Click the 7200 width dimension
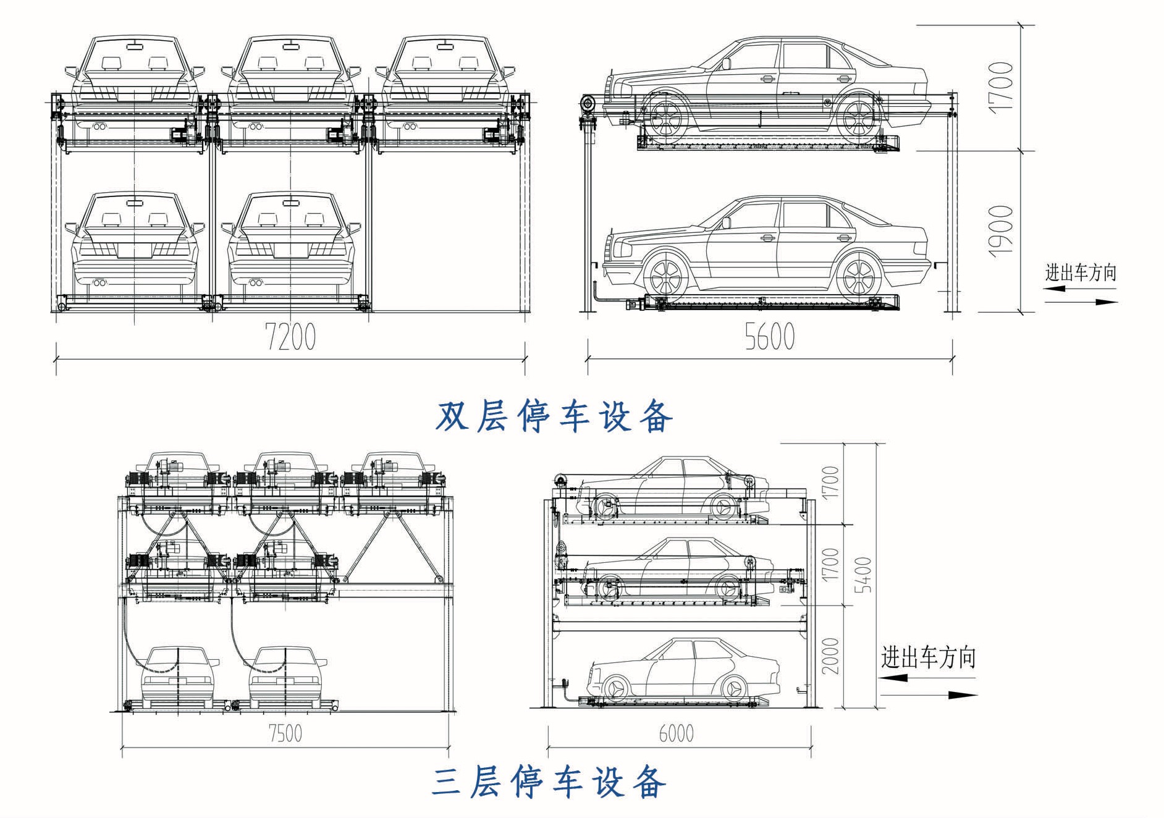290,337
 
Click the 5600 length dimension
769,337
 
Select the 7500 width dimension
285,733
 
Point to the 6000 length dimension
676,733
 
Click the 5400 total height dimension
863,575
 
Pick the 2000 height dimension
831,656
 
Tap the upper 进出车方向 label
1081,272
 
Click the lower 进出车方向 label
928,657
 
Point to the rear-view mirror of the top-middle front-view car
289,44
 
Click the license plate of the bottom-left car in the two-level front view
135,250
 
